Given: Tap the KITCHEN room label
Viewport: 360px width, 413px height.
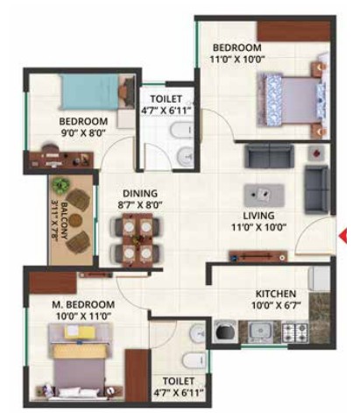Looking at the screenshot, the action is tap(276, 294).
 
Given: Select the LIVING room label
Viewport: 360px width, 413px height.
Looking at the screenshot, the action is tap(258, 216).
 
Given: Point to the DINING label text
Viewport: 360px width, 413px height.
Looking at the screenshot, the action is tap(140, 194).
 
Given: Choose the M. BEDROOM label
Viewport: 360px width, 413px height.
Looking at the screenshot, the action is tap(83, 304).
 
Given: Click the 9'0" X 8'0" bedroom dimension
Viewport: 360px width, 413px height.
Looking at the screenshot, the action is tap(83, 133).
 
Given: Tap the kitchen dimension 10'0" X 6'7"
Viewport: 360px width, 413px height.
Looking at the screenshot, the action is tap(276, 305).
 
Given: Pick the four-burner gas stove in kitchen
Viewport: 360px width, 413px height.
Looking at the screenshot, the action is tap(295, 331).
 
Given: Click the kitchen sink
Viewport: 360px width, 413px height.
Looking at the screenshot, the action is tap(260, 331).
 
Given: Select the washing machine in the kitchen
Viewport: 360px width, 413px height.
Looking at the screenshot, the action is tap(225, 331).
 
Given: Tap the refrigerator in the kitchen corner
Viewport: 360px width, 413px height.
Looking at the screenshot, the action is tap(319, 278).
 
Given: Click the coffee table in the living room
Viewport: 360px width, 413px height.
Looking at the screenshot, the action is tap(264, 195).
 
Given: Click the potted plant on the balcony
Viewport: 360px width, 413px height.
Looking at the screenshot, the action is tap(61, 186).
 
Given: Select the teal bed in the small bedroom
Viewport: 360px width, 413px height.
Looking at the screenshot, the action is tap(91, 92).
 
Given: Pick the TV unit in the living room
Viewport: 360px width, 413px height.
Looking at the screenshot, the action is tap(258, 256).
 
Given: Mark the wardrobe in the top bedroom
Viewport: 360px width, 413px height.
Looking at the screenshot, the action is tap(293, 32).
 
